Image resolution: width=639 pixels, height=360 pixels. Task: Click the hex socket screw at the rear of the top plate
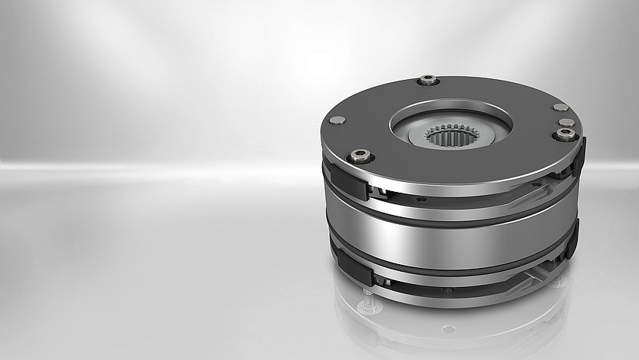pos(427,79)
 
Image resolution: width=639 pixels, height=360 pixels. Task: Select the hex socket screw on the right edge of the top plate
pos(565,134)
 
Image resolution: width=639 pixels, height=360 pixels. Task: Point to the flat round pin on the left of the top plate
pos(337,120)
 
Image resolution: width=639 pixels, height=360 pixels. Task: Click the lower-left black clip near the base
pos(353,269)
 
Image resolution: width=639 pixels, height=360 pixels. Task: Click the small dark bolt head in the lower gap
pos(446,290)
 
